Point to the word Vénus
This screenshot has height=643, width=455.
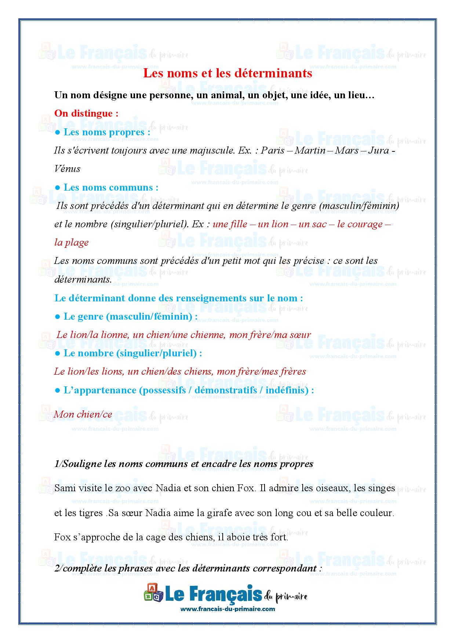[x=67, y=169]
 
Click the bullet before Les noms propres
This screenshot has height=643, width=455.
[x=57, y=132]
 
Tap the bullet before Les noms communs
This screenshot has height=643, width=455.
[x=57, y=187]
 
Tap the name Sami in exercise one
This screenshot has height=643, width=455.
[x=64, y=488]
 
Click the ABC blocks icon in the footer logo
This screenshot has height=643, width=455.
[x=153, y=593]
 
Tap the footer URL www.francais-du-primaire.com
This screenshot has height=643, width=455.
[x=227, y=609]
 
